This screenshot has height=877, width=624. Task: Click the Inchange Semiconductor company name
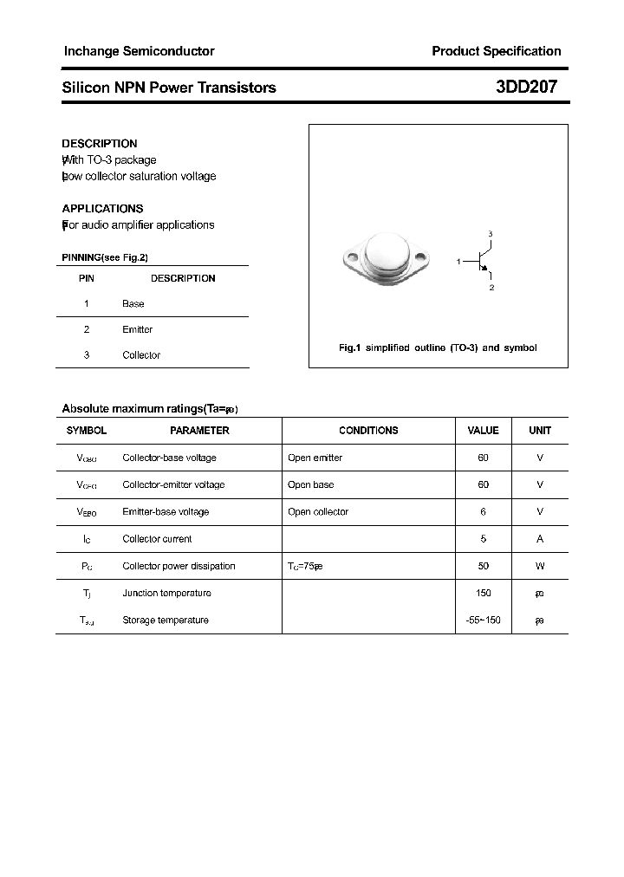point(139,51)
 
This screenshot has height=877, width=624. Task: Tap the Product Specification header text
point(497,51)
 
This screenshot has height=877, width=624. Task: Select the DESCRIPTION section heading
point(100,144)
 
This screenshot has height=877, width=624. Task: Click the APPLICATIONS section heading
point(102,209)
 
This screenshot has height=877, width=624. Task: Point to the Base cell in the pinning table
point(133,304)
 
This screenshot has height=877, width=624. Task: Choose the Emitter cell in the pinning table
point(137,329)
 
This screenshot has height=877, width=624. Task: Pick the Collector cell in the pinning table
point(141,355)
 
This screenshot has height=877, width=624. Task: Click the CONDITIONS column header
point(368,431)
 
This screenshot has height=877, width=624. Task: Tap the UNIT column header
point(540,431)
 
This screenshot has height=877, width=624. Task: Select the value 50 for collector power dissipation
point(484,566)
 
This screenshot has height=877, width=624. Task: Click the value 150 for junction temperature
point(484,593)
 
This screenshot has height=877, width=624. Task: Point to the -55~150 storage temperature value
point(484,620)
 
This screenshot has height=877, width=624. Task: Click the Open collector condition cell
point(318,512)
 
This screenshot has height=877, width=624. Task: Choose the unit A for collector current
point(540,539)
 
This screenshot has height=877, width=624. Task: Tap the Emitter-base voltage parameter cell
point(166,512)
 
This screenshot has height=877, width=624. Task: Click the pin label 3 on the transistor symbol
point(491,235)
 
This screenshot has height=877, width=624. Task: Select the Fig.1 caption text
point(438,348)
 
